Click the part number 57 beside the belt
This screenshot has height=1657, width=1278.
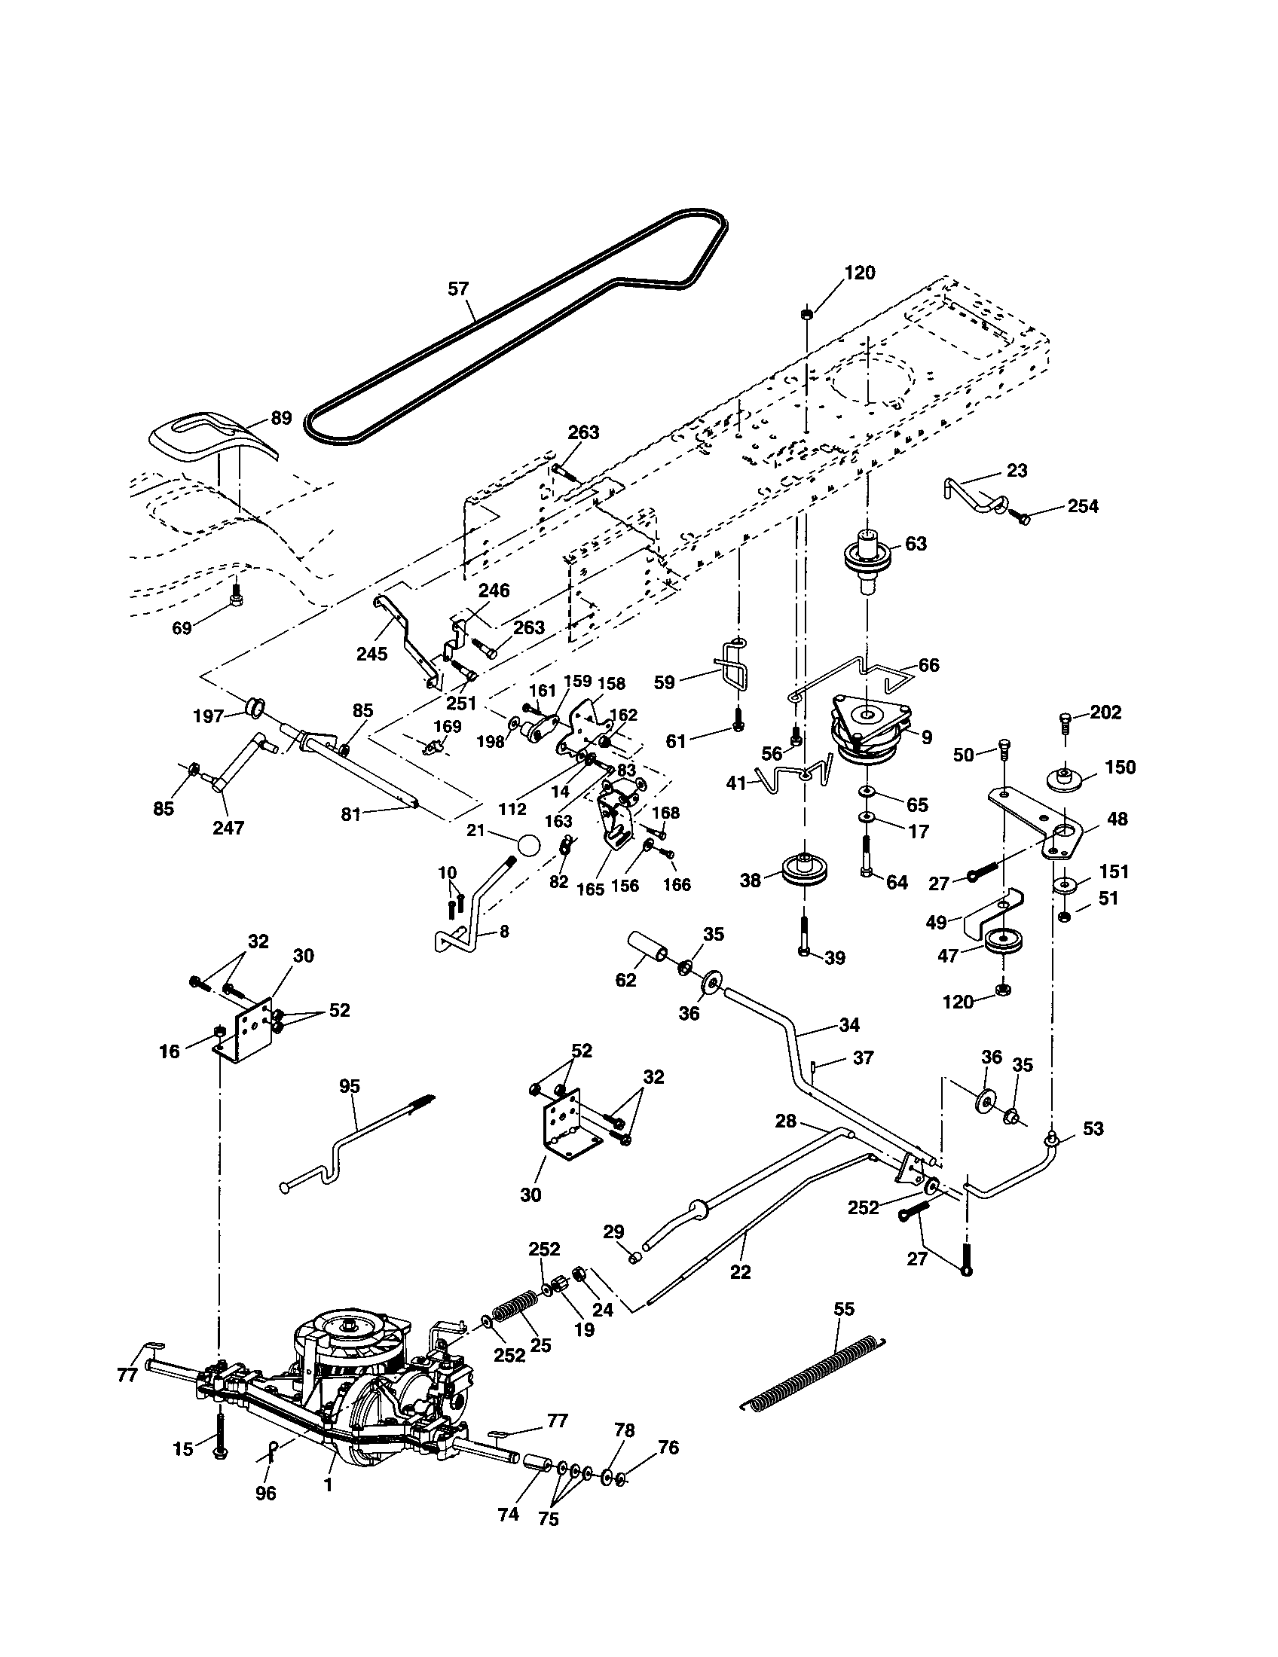[458, 289]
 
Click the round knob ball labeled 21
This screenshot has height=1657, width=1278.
[529, 844]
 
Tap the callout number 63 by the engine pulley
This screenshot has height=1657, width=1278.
[916, 544]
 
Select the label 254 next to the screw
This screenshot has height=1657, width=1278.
[1082, 506]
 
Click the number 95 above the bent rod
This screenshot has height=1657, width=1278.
[350, 1086]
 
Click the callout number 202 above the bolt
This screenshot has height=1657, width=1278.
[1105, 713]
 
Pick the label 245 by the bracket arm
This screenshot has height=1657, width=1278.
[371, 653]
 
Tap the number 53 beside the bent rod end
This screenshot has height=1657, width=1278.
[1093, 1128]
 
